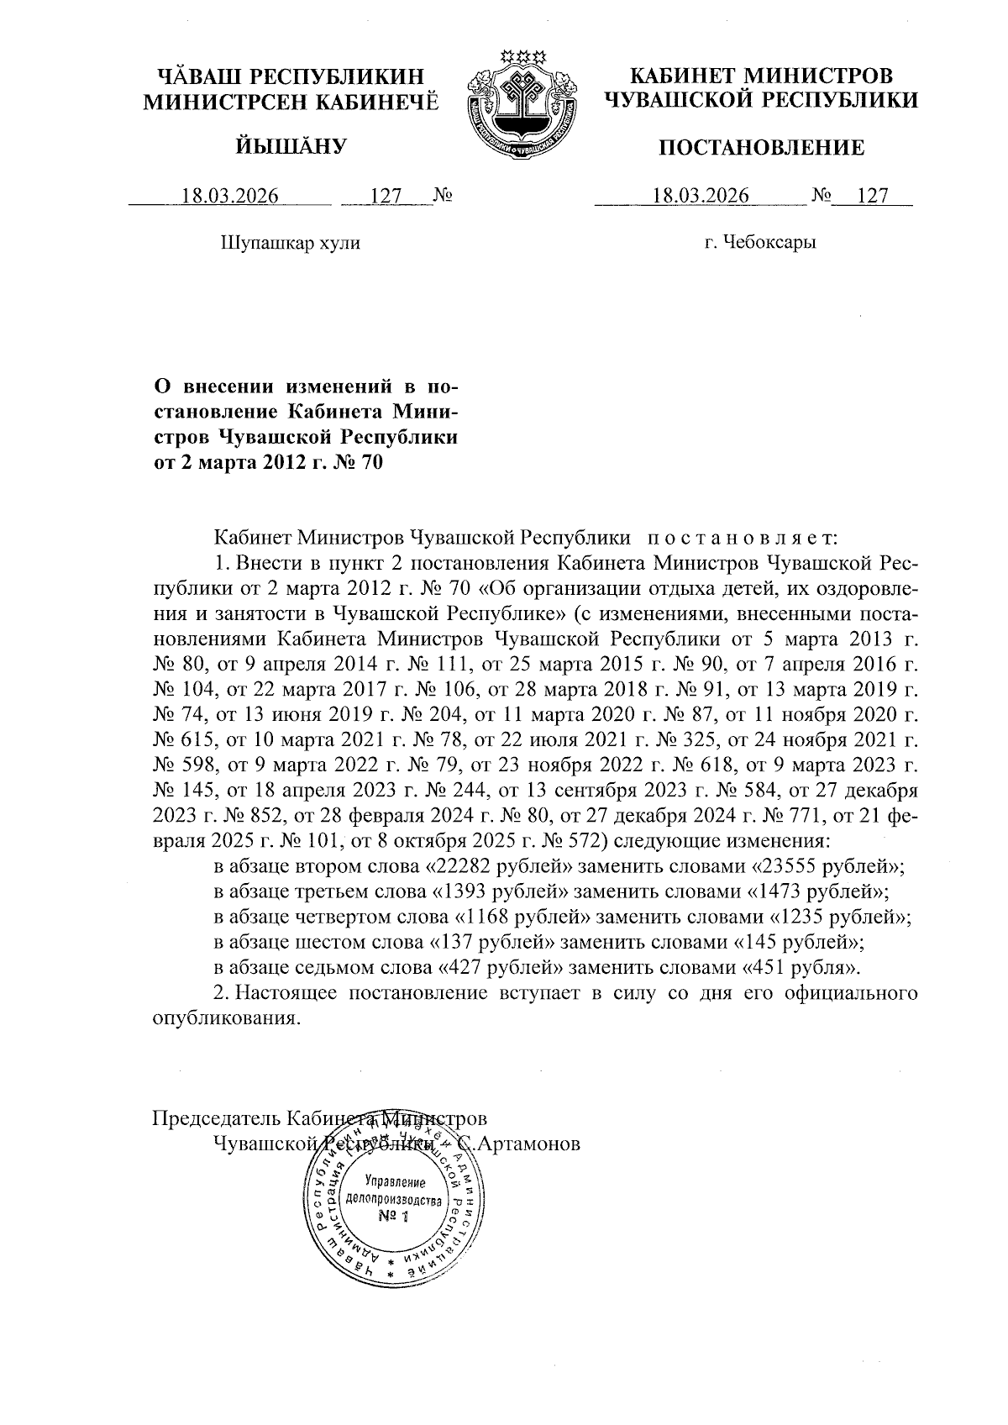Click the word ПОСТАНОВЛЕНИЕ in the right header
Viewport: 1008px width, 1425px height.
[x=760, y=149]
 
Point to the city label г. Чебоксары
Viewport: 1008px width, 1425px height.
[x=761, y=243]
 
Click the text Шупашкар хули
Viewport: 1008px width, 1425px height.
[x=290, y=243]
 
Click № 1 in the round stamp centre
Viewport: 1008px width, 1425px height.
[x=391, y=1217]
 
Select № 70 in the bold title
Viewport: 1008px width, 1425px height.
[x=356, y=461]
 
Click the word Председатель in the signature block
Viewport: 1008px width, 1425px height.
[x=216, y=1118]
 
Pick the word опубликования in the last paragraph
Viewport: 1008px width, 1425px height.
[x=224, y=1018]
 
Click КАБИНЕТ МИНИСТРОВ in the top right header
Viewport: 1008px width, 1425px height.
[x=761, y=76]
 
